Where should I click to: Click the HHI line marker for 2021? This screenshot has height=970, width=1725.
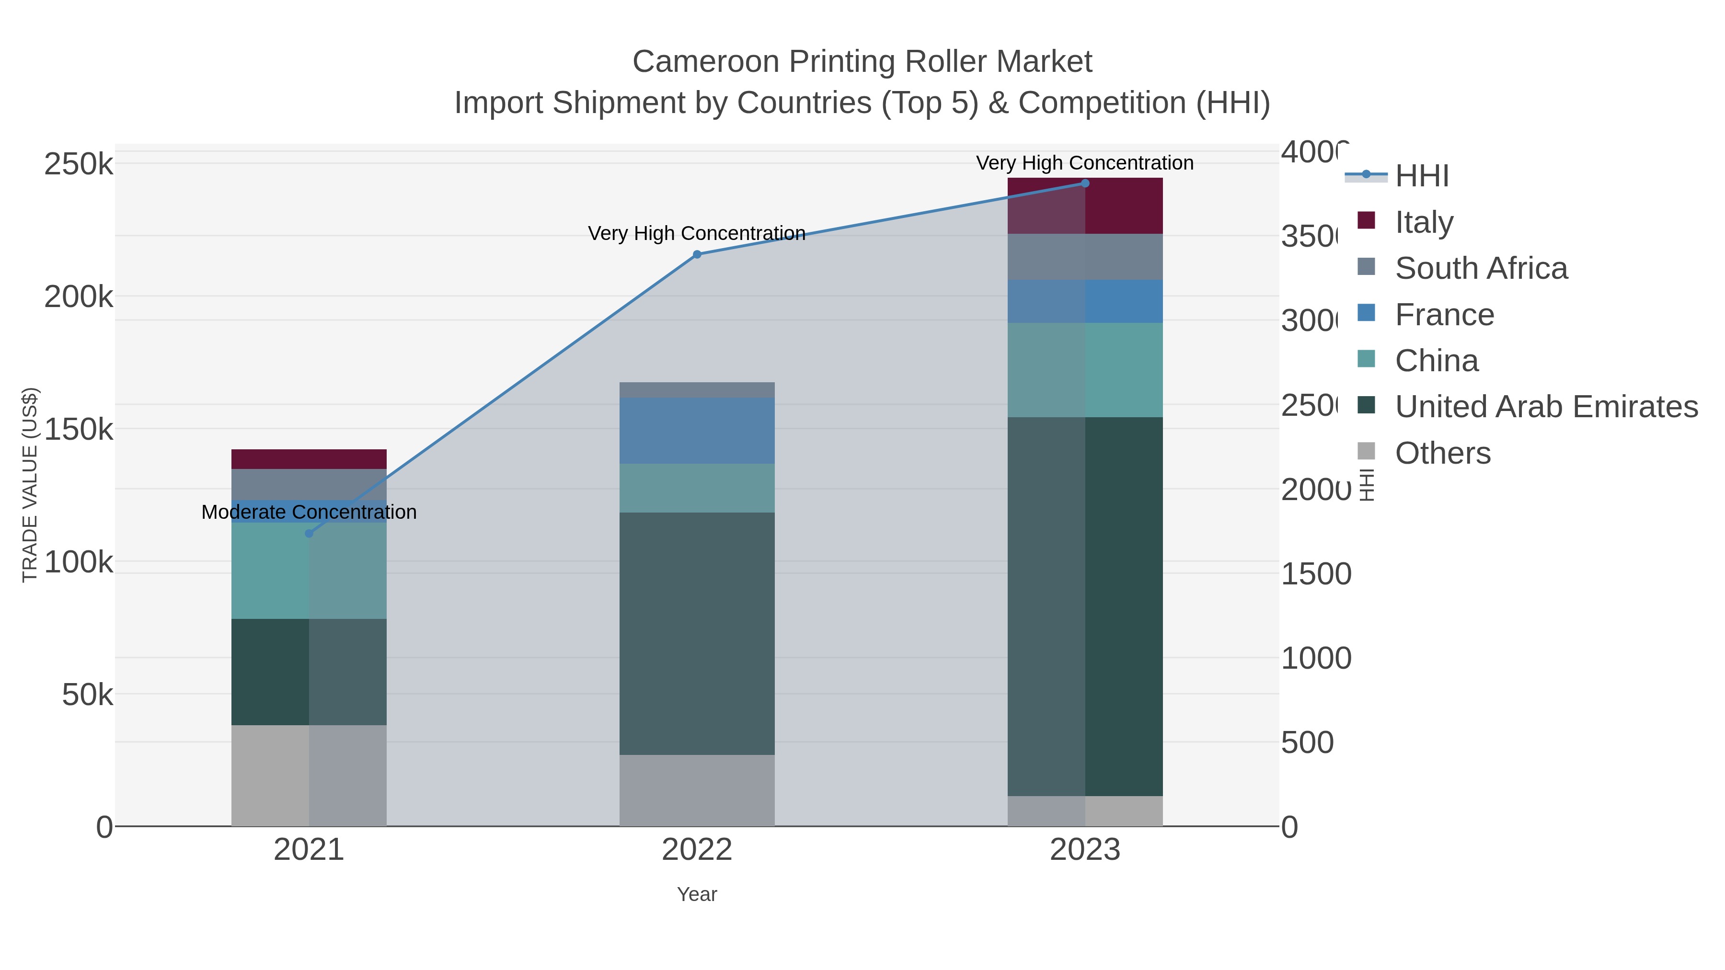(x=309, y=534)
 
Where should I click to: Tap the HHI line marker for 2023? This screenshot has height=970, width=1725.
(x=1085, y=183)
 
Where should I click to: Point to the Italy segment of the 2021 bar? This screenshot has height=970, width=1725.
(x=309, y=459)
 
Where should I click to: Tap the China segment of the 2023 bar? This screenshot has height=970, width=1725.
(x=1085, y=370)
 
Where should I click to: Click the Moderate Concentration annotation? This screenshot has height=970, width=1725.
(x=309, y=512)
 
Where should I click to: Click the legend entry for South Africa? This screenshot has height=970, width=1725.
(x=1481, y=268)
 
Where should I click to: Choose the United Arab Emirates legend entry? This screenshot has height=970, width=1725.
(x=1545, y=407)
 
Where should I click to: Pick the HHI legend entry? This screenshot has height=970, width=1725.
(x=1421, y=176)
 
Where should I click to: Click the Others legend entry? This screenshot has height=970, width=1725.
(x=1442, y=453)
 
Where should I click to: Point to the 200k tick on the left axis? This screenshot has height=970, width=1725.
(x=79, y=297)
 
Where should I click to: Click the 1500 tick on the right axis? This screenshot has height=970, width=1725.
(x=1316, y=574)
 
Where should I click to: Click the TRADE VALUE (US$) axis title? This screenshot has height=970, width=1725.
(x=30, y=485)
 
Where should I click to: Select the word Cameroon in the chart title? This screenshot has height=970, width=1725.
(x=705, y=62)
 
